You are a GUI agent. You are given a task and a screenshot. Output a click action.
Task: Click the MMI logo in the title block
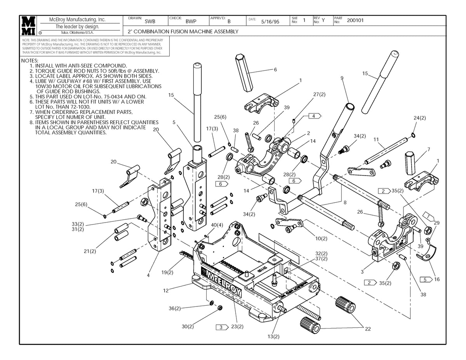tap(30, 26)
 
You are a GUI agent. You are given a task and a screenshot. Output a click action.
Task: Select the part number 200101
tap(355, 21)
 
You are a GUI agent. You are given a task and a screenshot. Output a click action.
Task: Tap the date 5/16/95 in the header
tap(270, 22)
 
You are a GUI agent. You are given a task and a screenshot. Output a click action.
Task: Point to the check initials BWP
tap(191, 22)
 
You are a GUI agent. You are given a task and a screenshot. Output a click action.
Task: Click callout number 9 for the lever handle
tap(342, 78)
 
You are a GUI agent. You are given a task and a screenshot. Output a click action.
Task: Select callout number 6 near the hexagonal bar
tap(275, 70)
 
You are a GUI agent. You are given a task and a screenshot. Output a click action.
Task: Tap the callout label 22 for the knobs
tap(368, 329)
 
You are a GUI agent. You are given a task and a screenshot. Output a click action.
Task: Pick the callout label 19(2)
tap(168, 272)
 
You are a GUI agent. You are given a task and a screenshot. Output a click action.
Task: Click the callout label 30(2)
tap(188, 327)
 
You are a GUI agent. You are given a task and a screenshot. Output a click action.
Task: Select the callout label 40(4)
tap(217, 225)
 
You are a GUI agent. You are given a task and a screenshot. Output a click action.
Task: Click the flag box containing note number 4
tap(314, 116)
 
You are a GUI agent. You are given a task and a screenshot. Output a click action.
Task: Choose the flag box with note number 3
tap(221, 327)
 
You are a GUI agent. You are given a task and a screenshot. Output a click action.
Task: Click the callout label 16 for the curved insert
tap(437, 279)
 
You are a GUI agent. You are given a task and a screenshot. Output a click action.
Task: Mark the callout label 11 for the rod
tap(376, 139)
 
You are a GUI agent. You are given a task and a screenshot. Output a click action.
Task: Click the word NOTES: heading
tap(30, 61)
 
